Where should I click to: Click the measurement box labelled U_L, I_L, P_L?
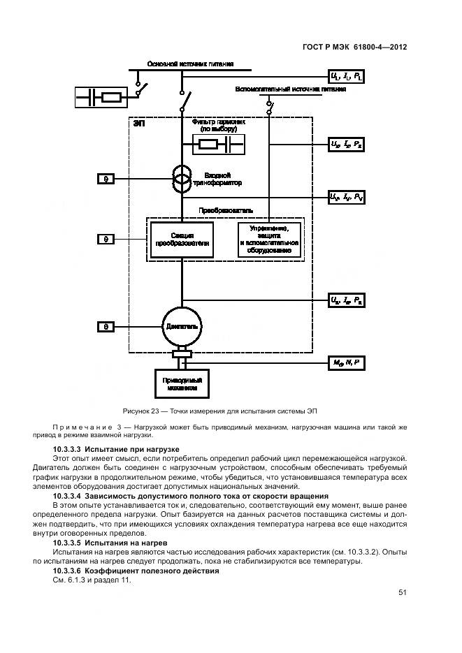point(347,75)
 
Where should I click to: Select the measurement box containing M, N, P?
point(347,362)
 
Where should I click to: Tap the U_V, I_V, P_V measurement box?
point(347,198)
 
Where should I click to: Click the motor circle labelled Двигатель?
point(182,325)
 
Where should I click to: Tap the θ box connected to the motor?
point(106,326)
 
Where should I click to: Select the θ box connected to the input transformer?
point(106,179)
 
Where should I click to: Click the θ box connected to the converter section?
point(106,239)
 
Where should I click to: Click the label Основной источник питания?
point(189,64)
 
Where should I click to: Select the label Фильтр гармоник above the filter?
point(219,122)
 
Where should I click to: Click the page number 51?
point(403,592)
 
